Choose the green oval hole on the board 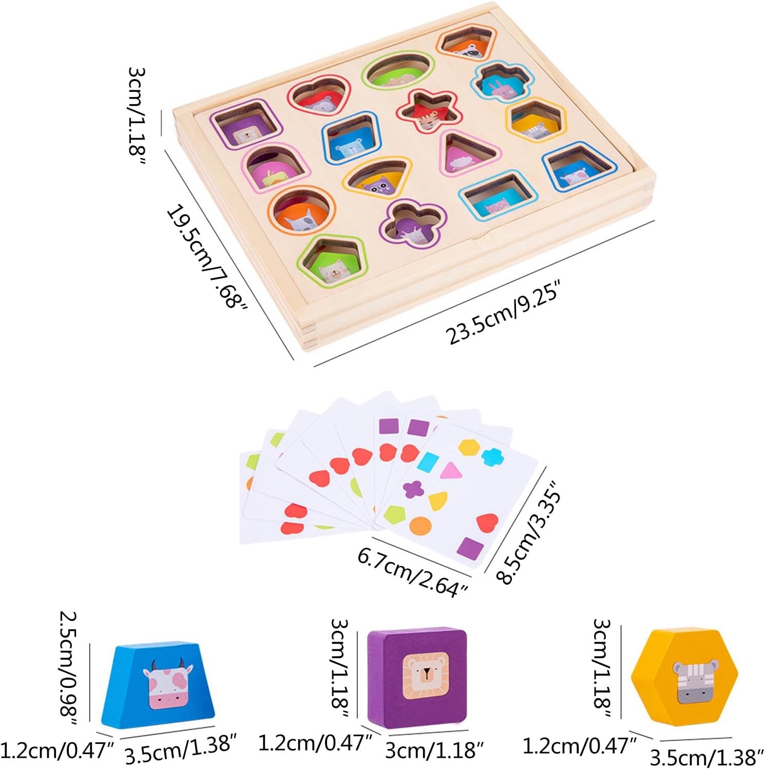(398, 72)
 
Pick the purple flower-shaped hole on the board (412, 224)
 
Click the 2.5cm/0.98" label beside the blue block (69, 667)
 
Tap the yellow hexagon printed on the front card (469, 447)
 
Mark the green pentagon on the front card (394, 514)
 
